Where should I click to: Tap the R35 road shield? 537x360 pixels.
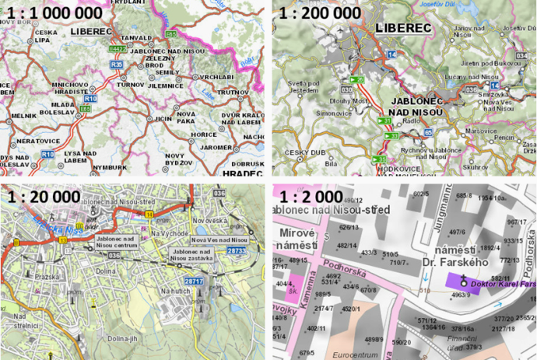[x=117, y=65]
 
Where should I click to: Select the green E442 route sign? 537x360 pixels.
[x=118, y=48]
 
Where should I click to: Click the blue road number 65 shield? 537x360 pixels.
[x=430, y=133]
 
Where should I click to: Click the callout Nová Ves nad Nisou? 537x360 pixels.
[x=219, y=240]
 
